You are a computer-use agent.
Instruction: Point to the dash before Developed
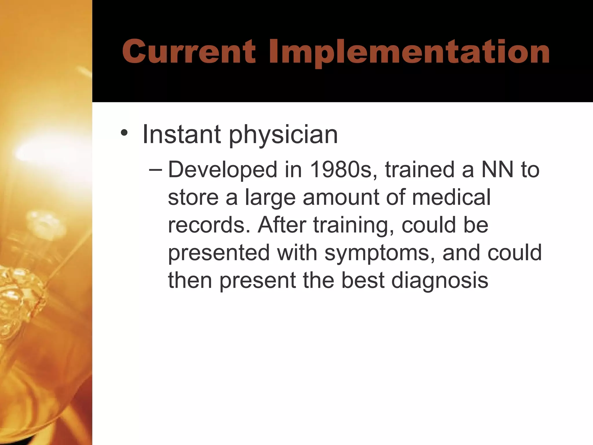(155, 169)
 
